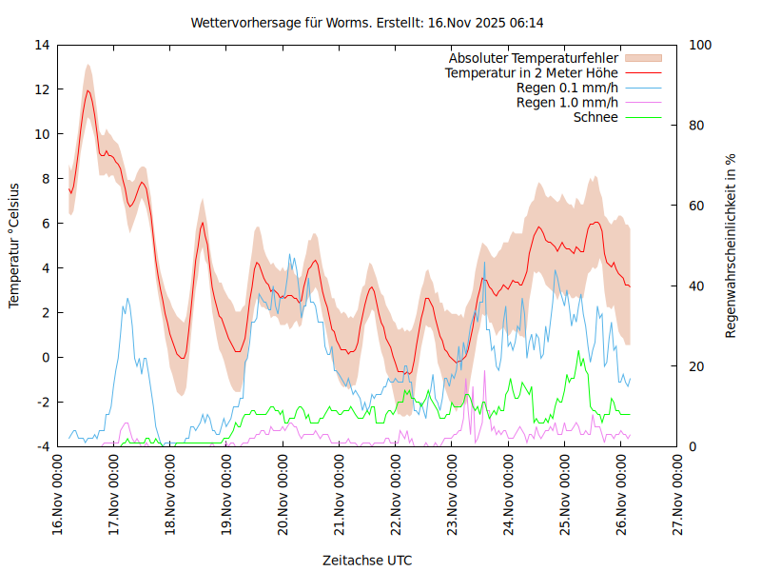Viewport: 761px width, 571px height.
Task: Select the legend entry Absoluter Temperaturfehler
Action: click(x=534, y=58)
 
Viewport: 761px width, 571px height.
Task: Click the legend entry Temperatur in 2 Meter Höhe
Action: click(x=532, y=72)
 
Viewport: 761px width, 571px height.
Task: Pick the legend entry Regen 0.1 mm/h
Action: click(x=567, y=88)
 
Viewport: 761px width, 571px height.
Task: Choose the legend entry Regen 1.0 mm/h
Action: click(x=567, y=103)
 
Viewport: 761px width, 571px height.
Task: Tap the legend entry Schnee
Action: click(x=595, y=117)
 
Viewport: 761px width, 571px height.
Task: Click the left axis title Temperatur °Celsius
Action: click(x=14, y=246)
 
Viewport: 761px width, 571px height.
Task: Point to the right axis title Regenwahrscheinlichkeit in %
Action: click(x=731, y=246)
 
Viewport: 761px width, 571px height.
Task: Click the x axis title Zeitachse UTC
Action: click(x=367, y=561)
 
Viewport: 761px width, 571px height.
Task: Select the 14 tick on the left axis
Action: click(x=43, y=45)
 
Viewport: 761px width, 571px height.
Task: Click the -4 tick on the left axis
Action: click(x=43, y=446)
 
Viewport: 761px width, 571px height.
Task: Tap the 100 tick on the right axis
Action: click(x=700, y=45)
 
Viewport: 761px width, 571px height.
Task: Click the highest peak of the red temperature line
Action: click(x=88, y=90)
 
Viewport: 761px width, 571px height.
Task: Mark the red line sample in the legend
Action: click(x=642, y=72)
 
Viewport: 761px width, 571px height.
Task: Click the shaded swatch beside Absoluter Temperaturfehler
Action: click(x=642, y=58)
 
